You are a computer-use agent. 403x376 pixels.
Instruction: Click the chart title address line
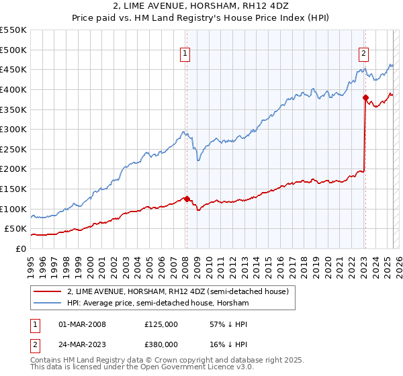201,6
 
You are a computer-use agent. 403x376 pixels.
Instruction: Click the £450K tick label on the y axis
13,69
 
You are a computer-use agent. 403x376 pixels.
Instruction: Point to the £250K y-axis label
13,149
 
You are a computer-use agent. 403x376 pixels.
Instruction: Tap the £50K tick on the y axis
15,229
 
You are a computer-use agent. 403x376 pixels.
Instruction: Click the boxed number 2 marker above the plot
363,55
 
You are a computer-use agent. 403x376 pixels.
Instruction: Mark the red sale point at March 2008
187,199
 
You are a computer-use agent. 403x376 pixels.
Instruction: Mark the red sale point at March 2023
365,97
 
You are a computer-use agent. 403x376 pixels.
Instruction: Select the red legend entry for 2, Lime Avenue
178,291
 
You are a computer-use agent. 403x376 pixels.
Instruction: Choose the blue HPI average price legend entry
158,303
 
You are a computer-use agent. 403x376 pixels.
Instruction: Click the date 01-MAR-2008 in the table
83,324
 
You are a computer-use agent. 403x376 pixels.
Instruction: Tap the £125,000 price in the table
161,324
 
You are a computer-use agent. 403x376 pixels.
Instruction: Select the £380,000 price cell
161,344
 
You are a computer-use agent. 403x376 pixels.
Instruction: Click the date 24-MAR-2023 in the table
83,344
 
